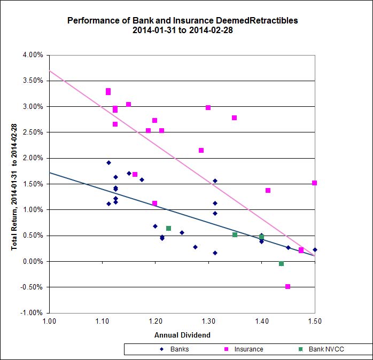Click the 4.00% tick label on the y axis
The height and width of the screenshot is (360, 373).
pos(32,55)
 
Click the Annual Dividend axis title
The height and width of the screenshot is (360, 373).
pos(182,335)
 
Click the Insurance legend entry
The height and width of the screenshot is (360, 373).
pos(249,349)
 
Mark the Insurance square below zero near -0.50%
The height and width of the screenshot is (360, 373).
pos(287,287)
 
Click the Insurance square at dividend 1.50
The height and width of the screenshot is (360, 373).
pos(314,183)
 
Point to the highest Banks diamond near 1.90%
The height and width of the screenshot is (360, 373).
pos(108,163)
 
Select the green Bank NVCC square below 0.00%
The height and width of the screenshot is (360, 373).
pos(281,264)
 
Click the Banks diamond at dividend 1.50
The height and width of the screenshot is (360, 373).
pos(315,249)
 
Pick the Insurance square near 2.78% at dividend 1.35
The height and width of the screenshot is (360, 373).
pos(234,118)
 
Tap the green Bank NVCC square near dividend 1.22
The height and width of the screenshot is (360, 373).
pos(168,228)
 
